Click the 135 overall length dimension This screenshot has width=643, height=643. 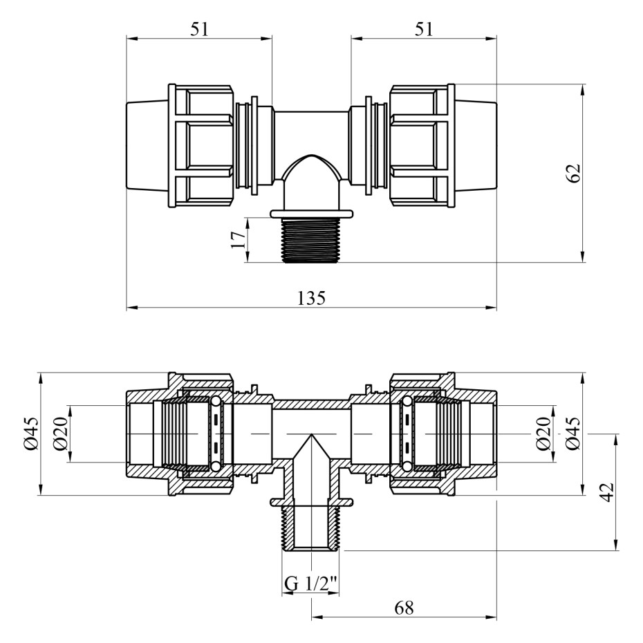click(x=311, y=298)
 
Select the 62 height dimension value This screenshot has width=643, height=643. click(x=575, y=173)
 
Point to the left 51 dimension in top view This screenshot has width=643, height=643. click(x=199, y=30)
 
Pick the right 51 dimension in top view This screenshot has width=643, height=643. click(x=424, y=30)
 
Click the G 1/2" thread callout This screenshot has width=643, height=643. click(x=311, y=584)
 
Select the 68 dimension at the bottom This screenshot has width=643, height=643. click(x=404, y=608)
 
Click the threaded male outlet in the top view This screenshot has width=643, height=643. click(x=311, y=239)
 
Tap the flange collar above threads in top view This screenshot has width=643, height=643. click(x=311, y=214)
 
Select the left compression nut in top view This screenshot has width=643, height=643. click(x=201, y=146)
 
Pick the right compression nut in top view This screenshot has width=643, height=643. click(x=422, y=146)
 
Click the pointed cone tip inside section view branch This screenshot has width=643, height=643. click(x=311, y=435)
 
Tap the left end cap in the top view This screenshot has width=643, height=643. click(x=147, y=146)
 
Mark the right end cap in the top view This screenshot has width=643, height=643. click(x=476, y=146)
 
